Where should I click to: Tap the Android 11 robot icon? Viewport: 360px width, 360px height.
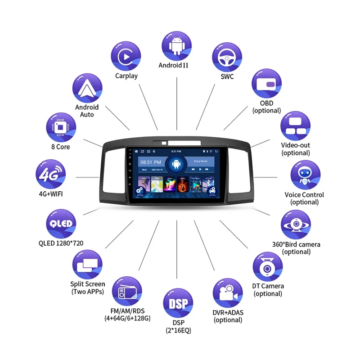176,45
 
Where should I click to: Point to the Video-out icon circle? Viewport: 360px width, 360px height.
296,126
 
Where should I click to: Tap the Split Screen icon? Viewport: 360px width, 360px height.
87,265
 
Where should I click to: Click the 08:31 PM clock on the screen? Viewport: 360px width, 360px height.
150,162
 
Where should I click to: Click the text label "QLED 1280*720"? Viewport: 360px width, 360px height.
61,243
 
